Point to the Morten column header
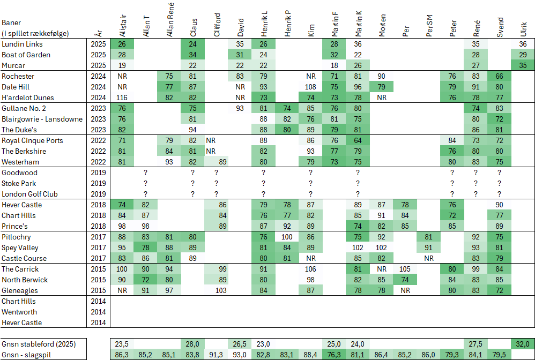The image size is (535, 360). click(x=382, y=25)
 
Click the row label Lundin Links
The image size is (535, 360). click(x=22, y=44)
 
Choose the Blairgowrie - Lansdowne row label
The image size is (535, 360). click(x=42, y=119)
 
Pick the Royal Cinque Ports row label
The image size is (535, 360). click(x=32, y=140)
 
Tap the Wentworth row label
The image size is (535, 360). click(x=19, y=312)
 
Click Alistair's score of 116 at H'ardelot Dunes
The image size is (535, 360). click(x=122, y=97)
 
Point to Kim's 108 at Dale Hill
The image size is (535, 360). click(x=310, y=87)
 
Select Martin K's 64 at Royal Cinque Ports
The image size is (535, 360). click(x=358, y=140)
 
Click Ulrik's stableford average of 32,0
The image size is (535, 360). click(x=523, y=344)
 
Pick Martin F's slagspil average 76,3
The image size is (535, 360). click(x=334, y=354)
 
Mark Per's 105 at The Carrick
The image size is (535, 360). click(x=404, y=269)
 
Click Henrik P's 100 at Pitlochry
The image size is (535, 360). click(x=287, y=237)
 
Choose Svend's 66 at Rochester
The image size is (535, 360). click(x=499, y=76)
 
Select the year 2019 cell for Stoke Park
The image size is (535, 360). click(x=98, y=183)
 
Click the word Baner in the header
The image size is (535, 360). click(x=11, y=23)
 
